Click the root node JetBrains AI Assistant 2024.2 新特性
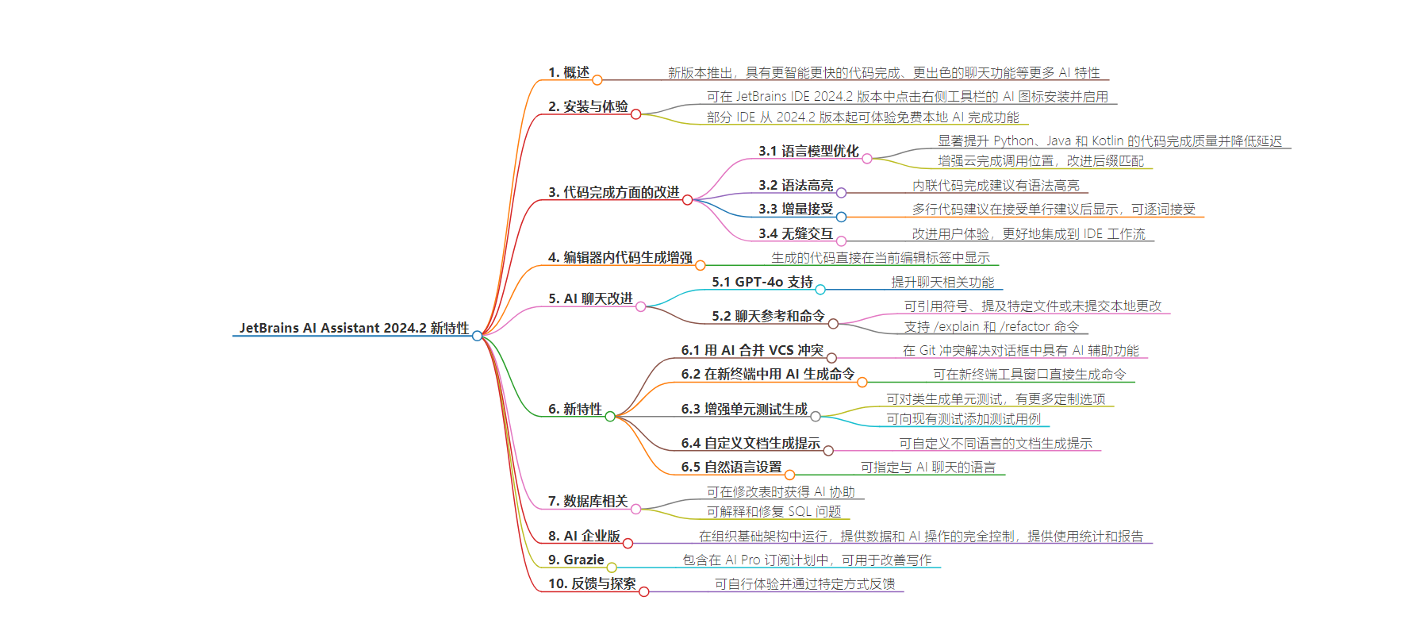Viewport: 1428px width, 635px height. pyautogui.click(x=355, y=328)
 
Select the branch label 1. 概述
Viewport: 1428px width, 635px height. pyautogui.click(x=569, y=72)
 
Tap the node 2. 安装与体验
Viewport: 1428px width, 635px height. pyautogui.click(x=588, y=106)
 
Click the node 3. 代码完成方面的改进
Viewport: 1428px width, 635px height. pyautogui.click(x=614, y=192)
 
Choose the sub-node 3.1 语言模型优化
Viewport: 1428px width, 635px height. pyautogui.click(x=808, y=151)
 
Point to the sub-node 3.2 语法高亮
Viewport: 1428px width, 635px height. pyautogui.click(x=796, y=185)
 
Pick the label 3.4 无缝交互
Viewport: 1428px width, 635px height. pyautogui.click(x=796, y=233)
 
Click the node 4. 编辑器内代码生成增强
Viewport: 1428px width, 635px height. pyautogui.click(x=620, y=257)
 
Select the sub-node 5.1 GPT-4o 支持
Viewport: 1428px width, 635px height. pyautogui.click(x=762, y=282)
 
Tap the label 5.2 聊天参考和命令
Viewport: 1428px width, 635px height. pyautogui.click(x=768, y=316)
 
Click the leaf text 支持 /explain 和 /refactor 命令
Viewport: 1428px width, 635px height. pyautogui.click(x=992, y=326)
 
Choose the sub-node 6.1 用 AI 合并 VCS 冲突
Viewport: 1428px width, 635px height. pyautogui.click(x=752, y=350)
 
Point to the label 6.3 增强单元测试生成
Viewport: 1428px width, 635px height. pyautogui.click(x=744, y=409)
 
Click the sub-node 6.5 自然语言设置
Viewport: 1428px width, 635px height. pyautogui.click(x=731, y=467)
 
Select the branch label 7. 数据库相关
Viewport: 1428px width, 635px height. pyautogui.click(x=588, y=501)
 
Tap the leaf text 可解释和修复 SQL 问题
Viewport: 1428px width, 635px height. pyautogui.click(x=774, y=512)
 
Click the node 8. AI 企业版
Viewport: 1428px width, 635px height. pyautogui.click(x=584, y=536)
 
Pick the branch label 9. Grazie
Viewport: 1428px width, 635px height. pyautogui.click(x=576, y=560)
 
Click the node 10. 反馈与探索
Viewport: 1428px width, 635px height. pyautogui.click(x=592, y=583)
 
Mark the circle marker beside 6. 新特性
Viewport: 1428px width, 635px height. pyautogui.click(x=610, y=416)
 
